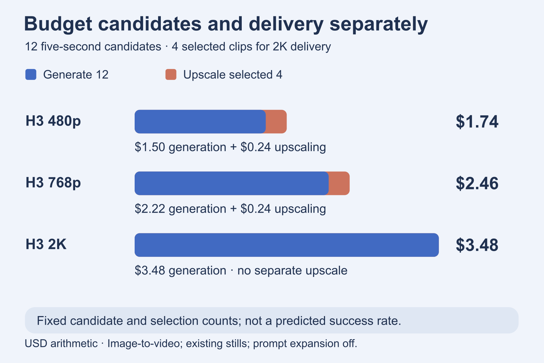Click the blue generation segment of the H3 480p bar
(x=200, y=121)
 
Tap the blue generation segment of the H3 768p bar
(x=232, y=183)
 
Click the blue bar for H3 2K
(x=287, y=245)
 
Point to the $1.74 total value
(x=477, y=121)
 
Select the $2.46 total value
(x=477, y=183)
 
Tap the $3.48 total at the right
(x=477, y=245)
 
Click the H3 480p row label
(x=53, y=121)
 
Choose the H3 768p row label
(x=53, y=183)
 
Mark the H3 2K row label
(x=46, y=244)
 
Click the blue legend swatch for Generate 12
(x=31, y=75)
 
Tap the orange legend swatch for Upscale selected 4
(x=171, y=75)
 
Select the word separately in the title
(x=379, y=24)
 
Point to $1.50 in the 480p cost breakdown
(x=150, y=147)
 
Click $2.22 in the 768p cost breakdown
(x=150, y=209)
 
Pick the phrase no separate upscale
(x=292, y=271)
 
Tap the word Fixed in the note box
(x=51, y=321)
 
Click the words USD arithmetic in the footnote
(x=61, y=344)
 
